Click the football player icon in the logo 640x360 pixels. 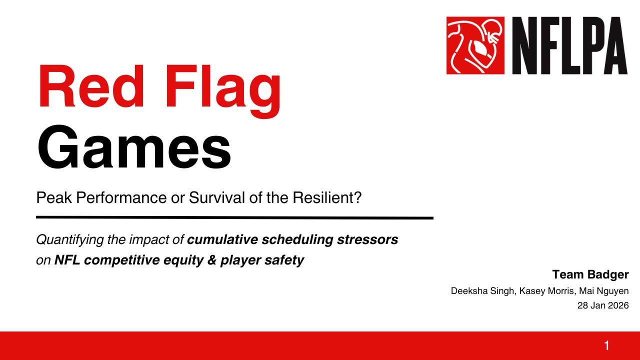(x=475, y=45)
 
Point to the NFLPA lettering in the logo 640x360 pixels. (x=568, y=45)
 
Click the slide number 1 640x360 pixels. (x=606, y=345)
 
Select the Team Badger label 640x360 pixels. (x=590, y=274)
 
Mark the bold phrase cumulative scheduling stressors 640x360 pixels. (x=292, y=240)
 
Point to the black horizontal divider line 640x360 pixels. (x=234, y=217)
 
